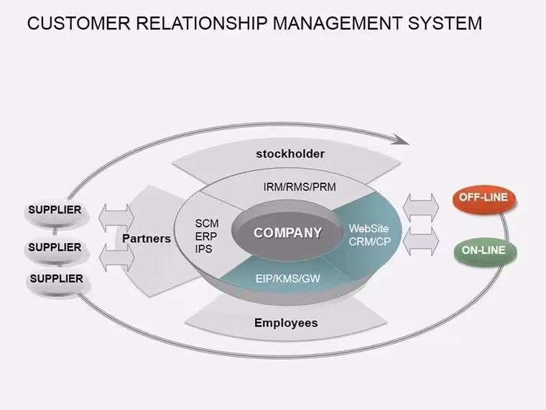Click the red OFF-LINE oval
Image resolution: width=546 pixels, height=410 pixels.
[x=484, y=199]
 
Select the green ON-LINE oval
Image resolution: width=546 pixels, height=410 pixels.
[x=485, y=250]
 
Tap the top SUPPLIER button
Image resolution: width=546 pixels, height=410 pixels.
[x=56, y=211]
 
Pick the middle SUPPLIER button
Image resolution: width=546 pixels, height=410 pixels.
[x=56, y=249]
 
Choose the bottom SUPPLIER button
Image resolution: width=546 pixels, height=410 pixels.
[x=57, y=280]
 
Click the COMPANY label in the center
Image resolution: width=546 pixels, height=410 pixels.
[x=287, y=233]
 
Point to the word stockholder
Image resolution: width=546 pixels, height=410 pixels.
[x=290, y=154]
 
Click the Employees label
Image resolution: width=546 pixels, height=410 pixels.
[x=286, y=323]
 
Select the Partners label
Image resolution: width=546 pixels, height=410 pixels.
[x=147, y=239]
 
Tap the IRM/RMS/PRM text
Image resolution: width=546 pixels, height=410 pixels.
[x=300, y=187]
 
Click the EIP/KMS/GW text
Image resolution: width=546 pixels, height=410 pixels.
[x=287, y=278]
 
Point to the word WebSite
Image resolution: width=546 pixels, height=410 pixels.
[x=369, y=229]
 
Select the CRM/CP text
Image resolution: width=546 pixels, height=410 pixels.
[x=370, y=242]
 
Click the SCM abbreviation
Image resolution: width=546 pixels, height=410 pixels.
[x=207, y=224]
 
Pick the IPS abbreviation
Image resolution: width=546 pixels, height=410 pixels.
[x=204, y=250]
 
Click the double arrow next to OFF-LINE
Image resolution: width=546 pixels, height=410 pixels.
[x=421, y=208]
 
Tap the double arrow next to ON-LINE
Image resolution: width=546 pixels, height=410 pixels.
[x=421, y=242]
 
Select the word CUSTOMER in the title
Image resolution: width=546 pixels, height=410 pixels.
[x=79, y=23]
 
